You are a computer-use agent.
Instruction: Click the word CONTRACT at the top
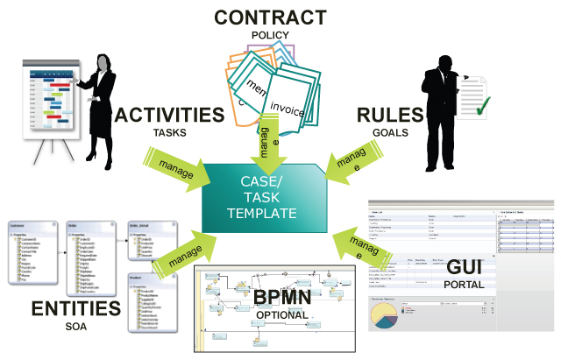coord(270,18)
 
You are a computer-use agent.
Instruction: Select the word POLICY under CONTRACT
coord(270,35)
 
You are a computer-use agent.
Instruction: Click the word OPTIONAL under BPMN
coord(283,314)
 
